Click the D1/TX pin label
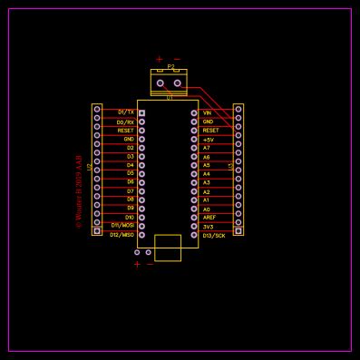(x=126, y=112)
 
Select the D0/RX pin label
(x=126, y=122)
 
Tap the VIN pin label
(x=207, y=112)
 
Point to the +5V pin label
(x=209, y=140)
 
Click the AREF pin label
(x=209, y=218)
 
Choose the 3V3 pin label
(x=208, y=227)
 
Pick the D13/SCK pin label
(x=214, y=236)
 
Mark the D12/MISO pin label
(x=122, y=235)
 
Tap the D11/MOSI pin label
(x=122, y=226)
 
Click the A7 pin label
(x=206, y=148)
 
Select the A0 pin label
(x=206, y=209)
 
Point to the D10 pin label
(x=130, y=218)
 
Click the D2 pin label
(x=131, y=148)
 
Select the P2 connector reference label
(x=170, y=66)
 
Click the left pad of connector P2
(x=161, y=83)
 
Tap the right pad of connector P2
(x=177, y=83)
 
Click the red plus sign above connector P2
(x=160, y=59)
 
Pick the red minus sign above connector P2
(x=177, y=59)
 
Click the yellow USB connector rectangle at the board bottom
(x=168, y=248)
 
